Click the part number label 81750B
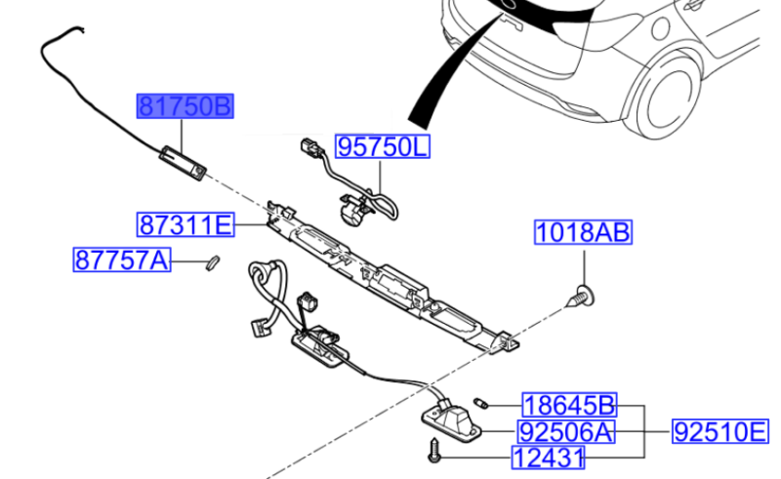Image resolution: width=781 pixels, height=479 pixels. tap(185, 106)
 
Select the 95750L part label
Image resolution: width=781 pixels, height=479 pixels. tap(383, 147)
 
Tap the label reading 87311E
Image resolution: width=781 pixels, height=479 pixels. tap(185, 226)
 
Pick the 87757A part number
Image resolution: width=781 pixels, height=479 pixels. tap(122, 260)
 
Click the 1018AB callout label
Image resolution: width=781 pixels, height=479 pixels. tap(583, 233)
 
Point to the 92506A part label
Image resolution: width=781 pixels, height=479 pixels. tap(567, 430)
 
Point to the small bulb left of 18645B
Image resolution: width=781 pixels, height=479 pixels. tap(480, 401)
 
